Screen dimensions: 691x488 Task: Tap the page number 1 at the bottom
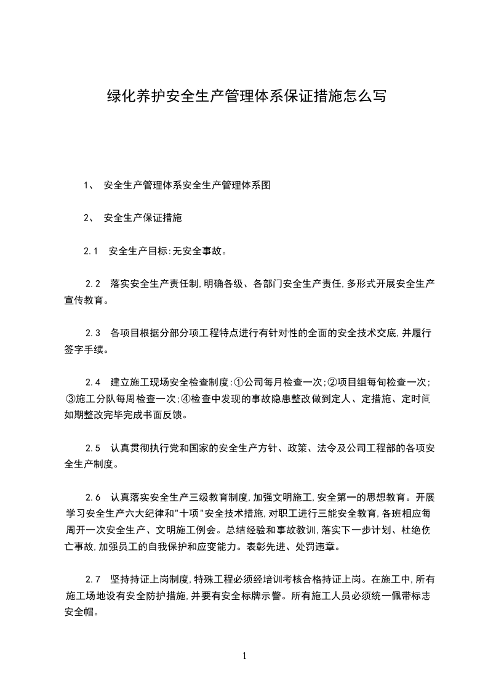click(x=244, y=655)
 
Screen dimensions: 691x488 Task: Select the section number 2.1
click(x=92, y=251)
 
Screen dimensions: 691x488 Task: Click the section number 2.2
click(x=94, y=284)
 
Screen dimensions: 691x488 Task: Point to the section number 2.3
click(x=94, y=333)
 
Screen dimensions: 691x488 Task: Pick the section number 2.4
click(x=94, y=382)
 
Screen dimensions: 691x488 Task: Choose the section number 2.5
click(x=94, y=448)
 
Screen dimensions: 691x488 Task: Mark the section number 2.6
click(x=94, y=496)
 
